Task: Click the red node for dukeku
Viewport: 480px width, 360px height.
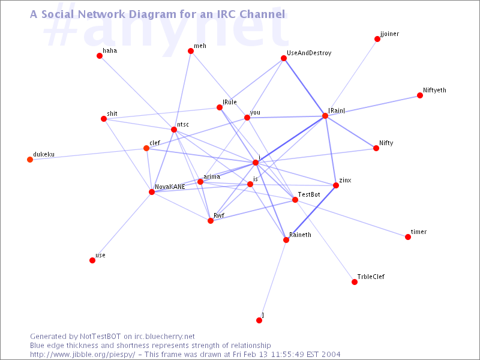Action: pyautogui.click(x=30, y=160)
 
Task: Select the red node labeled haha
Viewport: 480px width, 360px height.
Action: pyautogui.click(x=100, y=56)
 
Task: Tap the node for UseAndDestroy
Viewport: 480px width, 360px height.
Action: pyautogui.click(x=284, y=58)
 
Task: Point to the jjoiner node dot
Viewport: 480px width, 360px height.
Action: pyautogui.click(x=377, y=39)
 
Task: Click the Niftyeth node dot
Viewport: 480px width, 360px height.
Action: pyautogui.click(x=420, y=95)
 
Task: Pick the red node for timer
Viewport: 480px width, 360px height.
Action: pyautogui.click(x=408, y=237)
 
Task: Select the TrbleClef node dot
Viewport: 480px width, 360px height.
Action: pyautogui.click(x=355, y=282)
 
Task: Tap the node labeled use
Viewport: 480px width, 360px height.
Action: pyautogui.click(x=92, y=260)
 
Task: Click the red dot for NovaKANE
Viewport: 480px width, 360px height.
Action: pyautogui.click(x=152, y=192)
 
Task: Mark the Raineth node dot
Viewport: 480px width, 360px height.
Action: pyautogui.click(x=286, y=240)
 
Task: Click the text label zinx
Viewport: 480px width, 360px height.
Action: pyautogui.click(x=346, y=181)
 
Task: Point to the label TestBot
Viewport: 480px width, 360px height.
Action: pyautogui.click(x=309, y=194)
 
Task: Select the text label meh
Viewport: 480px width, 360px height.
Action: pyautogui.click(x=200, y=46)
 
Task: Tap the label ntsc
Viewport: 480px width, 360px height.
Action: pyautogui.click(x=183, y=124)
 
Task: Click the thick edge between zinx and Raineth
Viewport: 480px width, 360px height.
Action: pyautogui.click(x=311, y=213)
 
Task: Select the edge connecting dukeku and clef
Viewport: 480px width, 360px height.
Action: pyautogui.click(x=88, y=154)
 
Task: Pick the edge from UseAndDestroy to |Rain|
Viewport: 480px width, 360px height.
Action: pyautogui.click(x=305, y=87)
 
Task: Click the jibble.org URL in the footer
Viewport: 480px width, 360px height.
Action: pyautogui.click(x=82, y=355)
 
